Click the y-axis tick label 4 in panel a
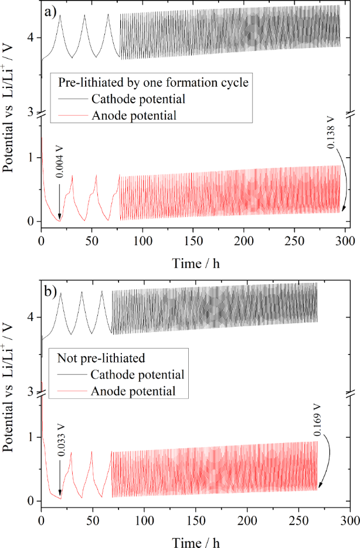coord(30,38)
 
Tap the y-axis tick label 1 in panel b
coord(30,438)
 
